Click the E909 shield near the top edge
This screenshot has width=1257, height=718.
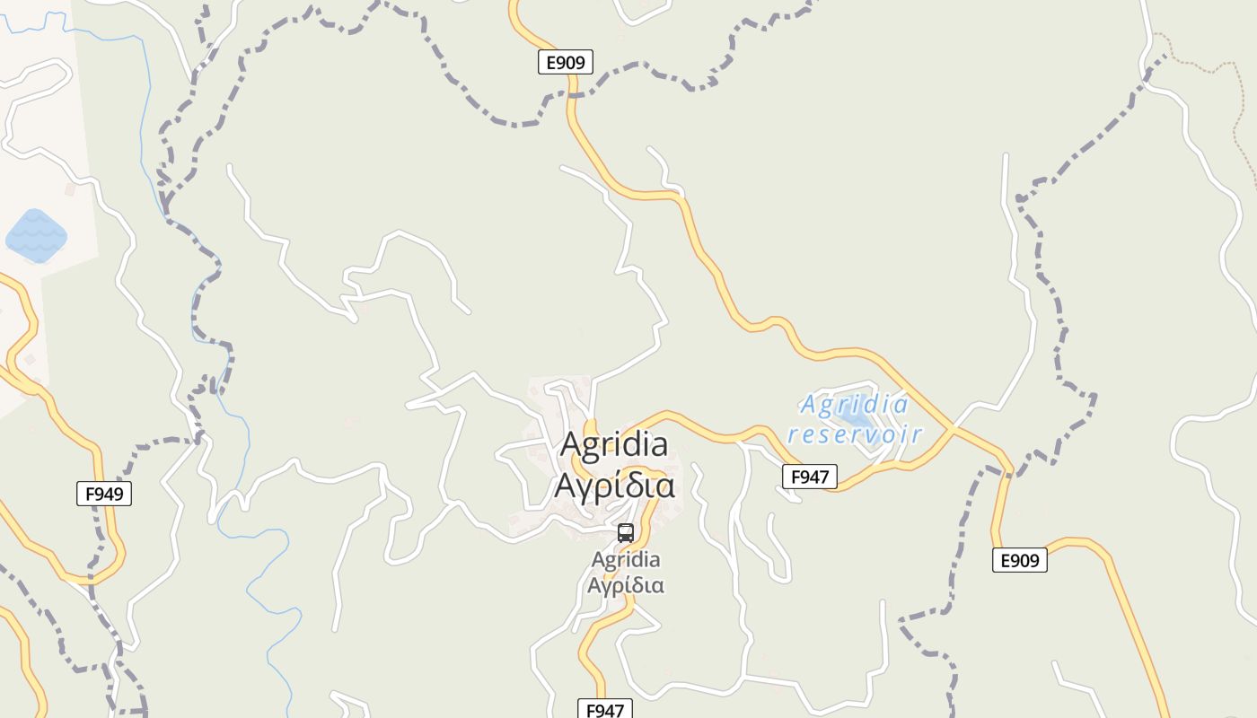point(566,62)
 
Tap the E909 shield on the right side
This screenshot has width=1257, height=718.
point(1020,560)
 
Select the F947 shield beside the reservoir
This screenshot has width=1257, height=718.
point(810,477)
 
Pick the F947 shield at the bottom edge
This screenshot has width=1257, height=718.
point(604,710)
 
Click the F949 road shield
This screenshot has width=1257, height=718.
point(104,493)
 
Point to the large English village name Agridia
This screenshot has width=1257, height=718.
point(614,444)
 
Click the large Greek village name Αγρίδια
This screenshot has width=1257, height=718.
point(614,486)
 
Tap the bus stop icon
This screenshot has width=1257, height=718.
point(626,532)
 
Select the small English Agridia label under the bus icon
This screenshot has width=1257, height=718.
point(626,560)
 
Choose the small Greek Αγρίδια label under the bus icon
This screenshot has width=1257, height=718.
point(626,585)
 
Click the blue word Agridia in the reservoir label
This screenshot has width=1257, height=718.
point(854,405)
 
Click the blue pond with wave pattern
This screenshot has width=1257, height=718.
point(37,235)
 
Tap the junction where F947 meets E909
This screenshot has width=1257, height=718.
point(954,429)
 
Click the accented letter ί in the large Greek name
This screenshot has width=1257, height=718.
point(618,486)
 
